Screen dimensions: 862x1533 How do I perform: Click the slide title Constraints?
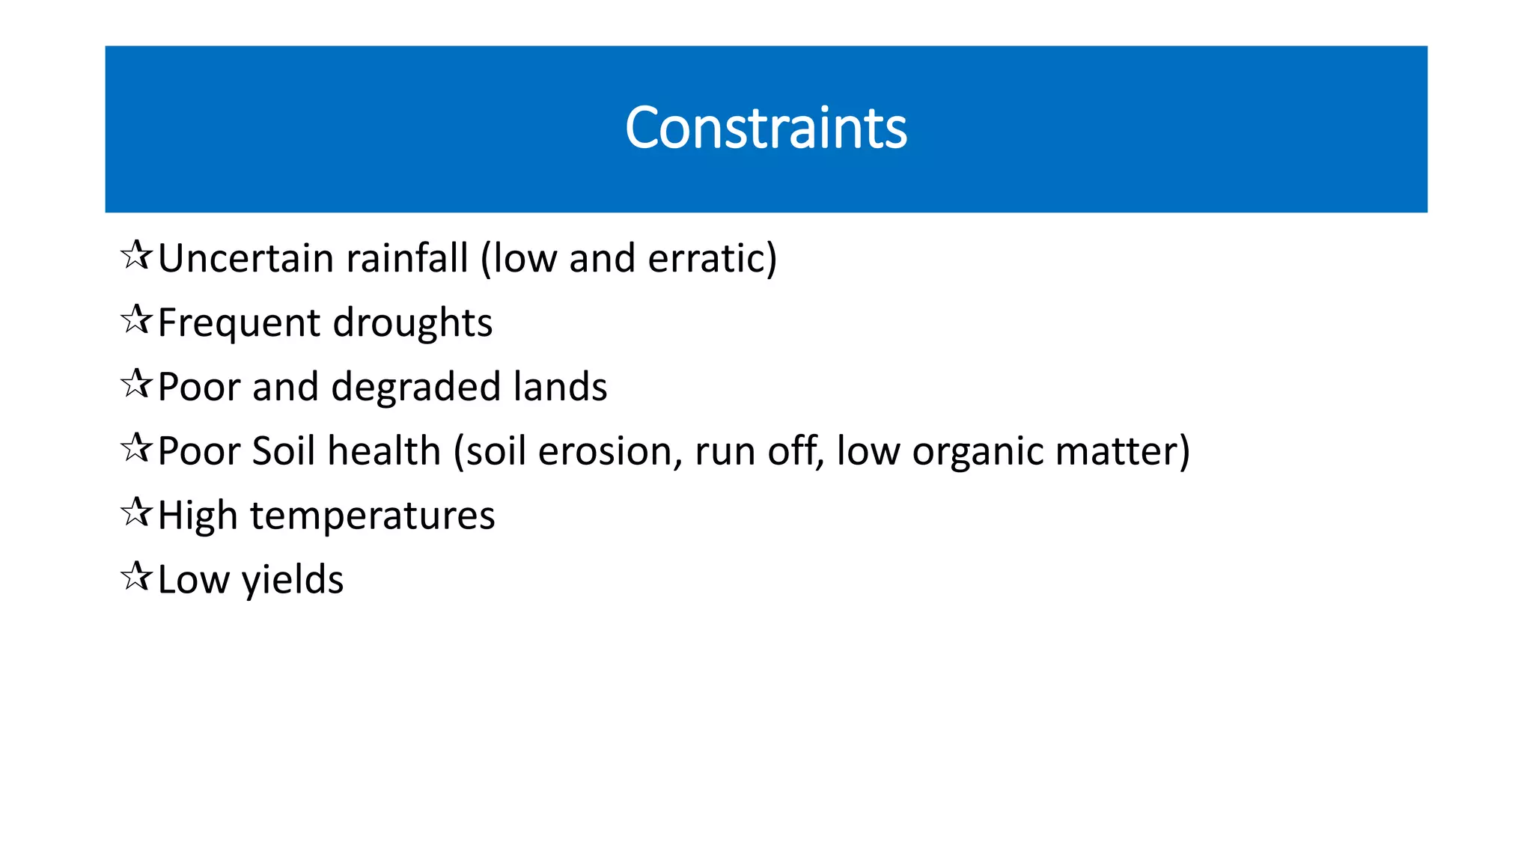(766, 128)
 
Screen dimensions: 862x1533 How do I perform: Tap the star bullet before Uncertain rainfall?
(136, 256)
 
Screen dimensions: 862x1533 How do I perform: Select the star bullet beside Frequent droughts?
(136, 320)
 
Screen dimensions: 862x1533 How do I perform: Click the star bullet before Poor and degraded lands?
(136, 385)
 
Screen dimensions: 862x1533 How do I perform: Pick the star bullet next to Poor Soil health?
(136, 449)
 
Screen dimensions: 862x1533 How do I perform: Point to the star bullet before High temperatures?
(136, 513)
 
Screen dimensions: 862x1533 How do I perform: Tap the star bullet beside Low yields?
(136, 578)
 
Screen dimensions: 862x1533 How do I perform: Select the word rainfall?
(406, 258)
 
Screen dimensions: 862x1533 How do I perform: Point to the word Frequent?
(239, 323)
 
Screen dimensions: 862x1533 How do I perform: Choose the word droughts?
(412, 323)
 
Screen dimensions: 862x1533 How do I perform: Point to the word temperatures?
(372, 516)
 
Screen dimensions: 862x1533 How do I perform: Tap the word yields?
(293, 581)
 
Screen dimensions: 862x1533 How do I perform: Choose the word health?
(384, 452)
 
